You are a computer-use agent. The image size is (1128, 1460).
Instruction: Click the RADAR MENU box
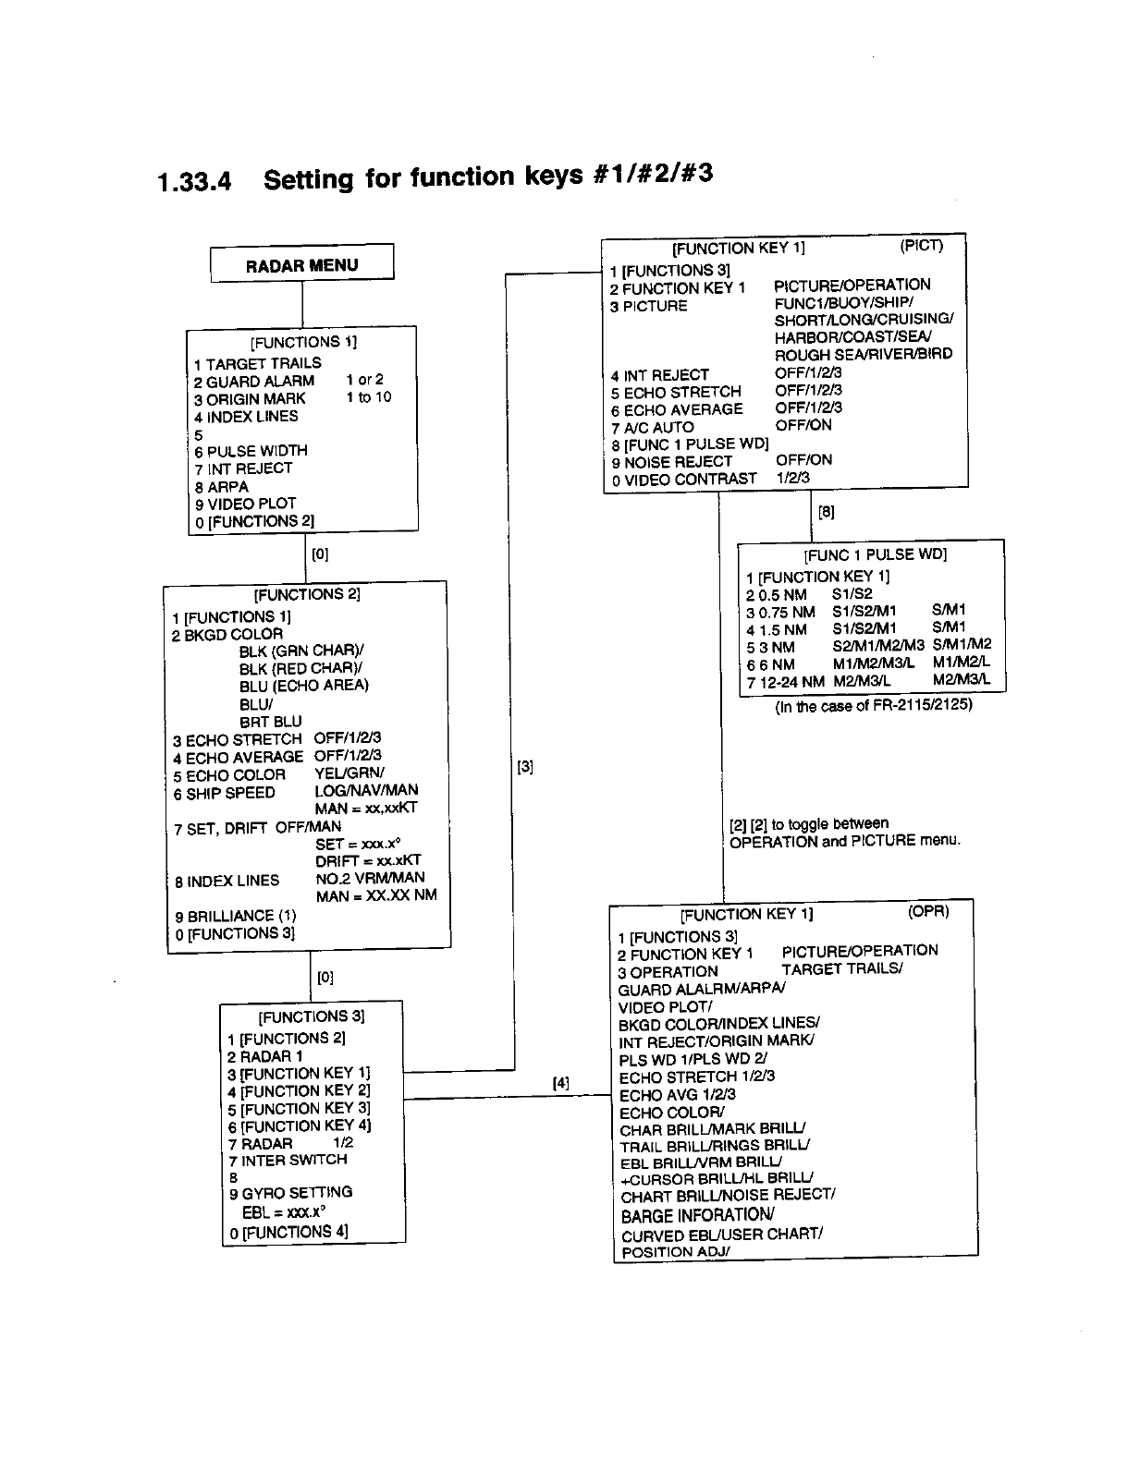pos(301,265)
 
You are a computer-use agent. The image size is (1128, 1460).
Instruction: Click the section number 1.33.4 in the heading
pos(194,181)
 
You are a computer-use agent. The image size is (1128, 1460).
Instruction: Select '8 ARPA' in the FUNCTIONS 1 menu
pos(221,486)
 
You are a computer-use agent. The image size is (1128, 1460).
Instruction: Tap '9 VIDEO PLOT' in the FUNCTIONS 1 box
pos(245,504)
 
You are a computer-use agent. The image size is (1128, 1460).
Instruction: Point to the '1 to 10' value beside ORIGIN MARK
pos(369,397)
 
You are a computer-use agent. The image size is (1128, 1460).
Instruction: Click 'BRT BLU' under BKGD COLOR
pos(270,721)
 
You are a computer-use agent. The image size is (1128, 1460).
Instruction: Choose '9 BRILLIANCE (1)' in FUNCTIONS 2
pos(236,916)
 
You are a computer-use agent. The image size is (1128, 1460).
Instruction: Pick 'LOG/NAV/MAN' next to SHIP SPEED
pos(366,790)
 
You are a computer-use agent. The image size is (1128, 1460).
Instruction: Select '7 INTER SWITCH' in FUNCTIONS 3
pos(288,1160)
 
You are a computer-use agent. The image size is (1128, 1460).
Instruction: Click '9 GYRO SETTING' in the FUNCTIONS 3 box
pos(290,1193)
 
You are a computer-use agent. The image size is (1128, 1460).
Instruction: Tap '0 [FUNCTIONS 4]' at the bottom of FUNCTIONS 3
pos(288,1232)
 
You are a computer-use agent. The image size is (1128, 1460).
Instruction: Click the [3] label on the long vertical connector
pos(524,766)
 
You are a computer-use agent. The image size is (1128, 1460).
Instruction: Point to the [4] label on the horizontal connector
pos(561,1083)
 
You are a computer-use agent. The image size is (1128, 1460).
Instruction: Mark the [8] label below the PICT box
pos(827,511)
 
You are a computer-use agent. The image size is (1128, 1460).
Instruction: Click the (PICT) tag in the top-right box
pos(921,246)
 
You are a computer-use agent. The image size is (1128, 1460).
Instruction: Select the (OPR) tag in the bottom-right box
pos(928,911)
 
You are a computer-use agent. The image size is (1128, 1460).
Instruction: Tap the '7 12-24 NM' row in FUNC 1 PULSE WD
pos(784,681)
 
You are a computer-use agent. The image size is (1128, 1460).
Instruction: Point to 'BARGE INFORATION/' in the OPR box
pos(697,1215)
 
